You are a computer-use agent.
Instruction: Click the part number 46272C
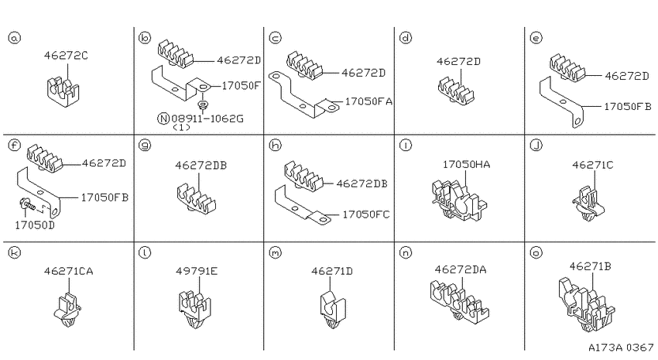[66, 56]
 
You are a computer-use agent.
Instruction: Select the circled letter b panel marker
[144, 38]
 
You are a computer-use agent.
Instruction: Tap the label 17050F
[241, 86]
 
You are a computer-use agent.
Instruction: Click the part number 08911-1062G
[207, 118]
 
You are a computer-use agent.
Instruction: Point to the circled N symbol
[163, 118]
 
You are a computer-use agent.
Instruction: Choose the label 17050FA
[368, 101]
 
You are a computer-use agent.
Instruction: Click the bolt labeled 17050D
[28, 205]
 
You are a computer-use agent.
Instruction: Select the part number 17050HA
[466, 164]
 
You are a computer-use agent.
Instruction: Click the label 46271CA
[69, 272]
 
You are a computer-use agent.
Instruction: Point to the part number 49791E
[197, 272]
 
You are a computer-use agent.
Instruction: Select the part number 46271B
[590, 266]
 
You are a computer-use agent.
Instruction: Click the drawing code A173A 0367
[621, 348]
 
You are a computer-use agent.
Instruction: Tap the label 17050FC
[366, 214]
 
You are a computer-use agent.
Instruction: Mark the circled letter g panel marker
[145, 146]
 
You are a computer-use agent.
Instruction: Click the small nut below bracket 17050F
[204, 104]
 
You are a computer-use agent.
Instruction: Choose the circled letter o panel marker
[536, 252]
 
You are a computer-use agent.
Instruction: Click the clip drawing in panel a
[63, 91]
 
